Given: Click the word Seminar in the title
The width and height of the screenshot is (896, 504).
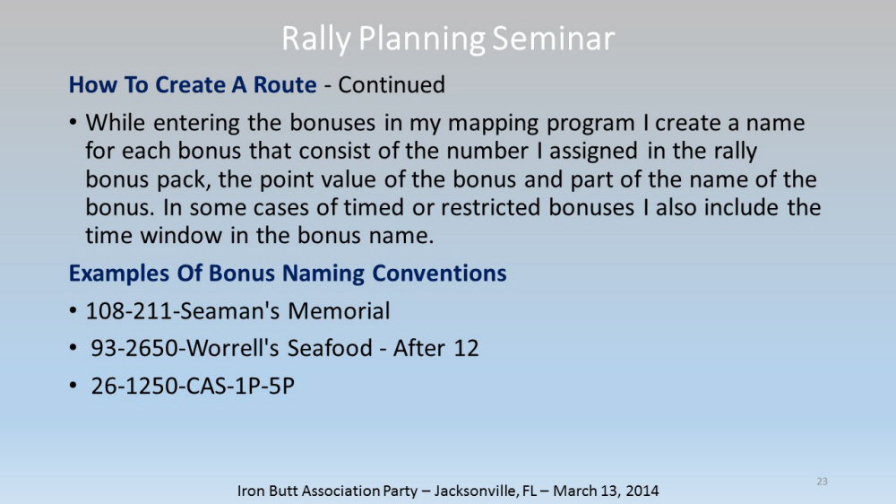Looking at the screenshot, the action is [553, 39].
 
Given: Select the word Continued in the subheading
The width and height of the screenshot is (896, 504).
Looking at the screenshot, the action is [392, 84].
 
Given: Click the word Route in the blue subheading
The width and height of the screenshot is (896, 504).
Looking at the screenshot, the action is [285, 84].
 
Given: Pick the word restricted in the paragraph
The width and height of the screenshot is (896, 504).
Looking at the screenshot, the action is [490, 207].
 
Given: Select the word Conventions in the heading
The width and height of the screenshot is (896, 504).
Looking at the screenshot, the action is [439, 273].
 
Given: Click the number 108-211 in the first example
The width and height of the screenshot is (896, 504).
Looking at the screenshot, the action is [129, 311].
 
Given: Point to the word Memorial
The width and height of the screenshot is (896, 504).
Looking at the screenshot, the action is [339, 311].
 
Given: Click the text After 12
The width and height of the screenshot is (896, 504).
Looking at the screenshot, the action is [436, 348].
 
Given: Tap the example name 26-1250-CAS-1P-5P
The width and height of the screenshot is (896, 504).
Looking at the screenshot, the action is [193, 386].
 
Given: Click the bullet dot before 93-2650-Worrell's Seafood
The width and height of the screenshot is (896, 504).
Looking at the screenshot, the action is [73, 348].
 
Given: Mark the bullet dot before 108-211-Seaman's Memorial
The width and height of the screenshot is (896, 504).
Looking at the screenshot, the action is [73, 311].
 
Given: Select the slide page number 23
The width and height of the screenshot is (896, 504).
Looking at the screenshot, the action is [822, 481].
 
